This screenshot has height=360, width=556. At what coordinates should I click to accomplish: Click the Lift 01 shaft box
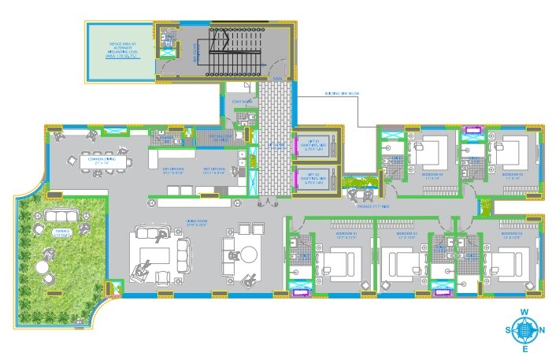(316, 146)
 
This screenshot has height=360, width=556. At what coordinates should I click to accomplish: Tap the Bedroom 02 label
(405, 234)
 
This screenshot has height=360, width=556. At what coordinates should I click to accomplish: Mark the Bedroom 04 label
(432, 174)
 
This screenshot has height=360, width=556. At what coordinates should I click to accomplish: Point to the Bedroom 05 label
(513, 174)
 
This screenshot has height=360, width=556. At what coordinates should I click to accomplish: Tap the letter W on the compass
(524, 312)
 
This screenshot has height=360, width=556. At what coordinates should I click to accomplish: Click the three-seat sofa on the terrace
(56, 215)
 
